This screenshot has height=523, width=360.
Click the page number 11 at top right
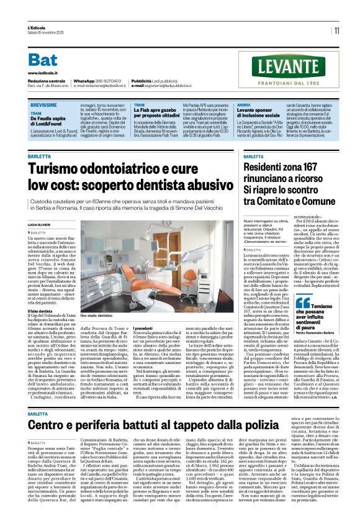point(336,30)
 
